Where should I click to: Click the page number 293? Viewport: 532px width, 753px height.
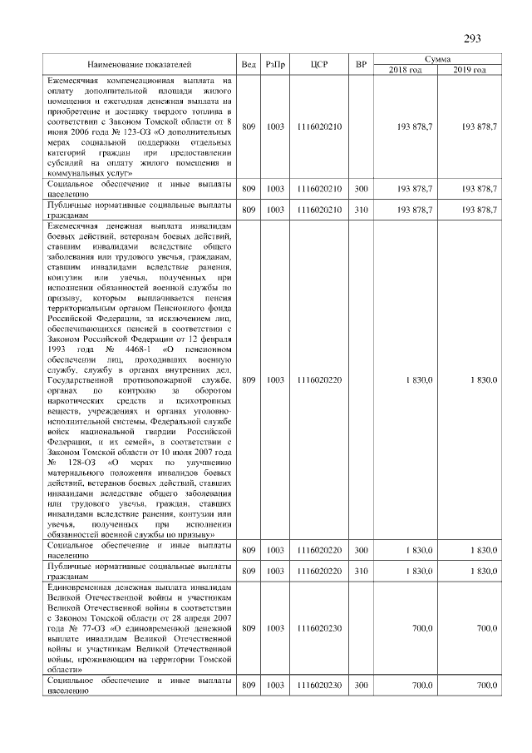[x=472, y=39]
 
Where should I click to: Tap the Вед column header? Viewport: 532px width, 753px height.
[x=248, y=64]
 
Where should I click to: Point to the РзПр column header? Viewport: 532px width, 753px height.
[x=275, y=64]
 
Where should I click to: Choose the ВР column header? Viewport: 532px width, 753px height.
[x=361, y=64]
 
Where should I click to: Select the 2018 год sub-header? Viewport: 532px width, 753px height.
[x=406, y=70]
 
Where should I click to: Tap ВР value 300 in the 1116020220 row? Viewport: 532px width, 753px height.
[x=361, y=550]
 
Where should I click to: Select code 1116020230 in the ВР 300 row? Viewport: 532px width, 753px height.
[x=319, y=686]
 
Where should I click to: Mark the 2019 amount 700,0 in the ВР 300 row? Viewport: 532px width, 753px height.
[x=485, y=686]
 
